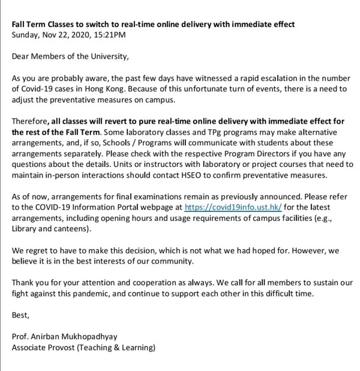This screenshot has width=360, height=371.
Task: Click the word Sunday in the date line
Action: point(26,35)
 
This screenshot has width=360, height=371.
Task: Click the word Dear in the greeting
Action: point(22,58)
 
